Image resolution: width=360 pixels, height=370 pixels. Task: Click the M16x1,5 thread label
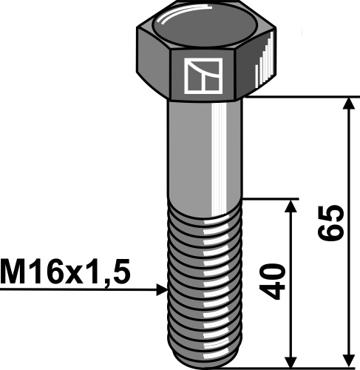[x=65, y=272]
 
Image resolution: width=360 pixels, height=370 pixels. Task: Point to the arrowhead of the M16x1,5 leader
[x=163, y=291]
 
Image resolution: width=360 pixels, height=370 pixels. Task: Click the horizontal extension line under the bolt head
[x=303, y=97]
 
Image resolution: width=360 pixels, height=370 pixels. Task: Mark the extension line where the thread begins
[x=270, y=198]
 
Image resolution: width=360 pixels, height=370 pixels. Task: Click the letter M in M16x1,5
[x=12, y=272]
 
